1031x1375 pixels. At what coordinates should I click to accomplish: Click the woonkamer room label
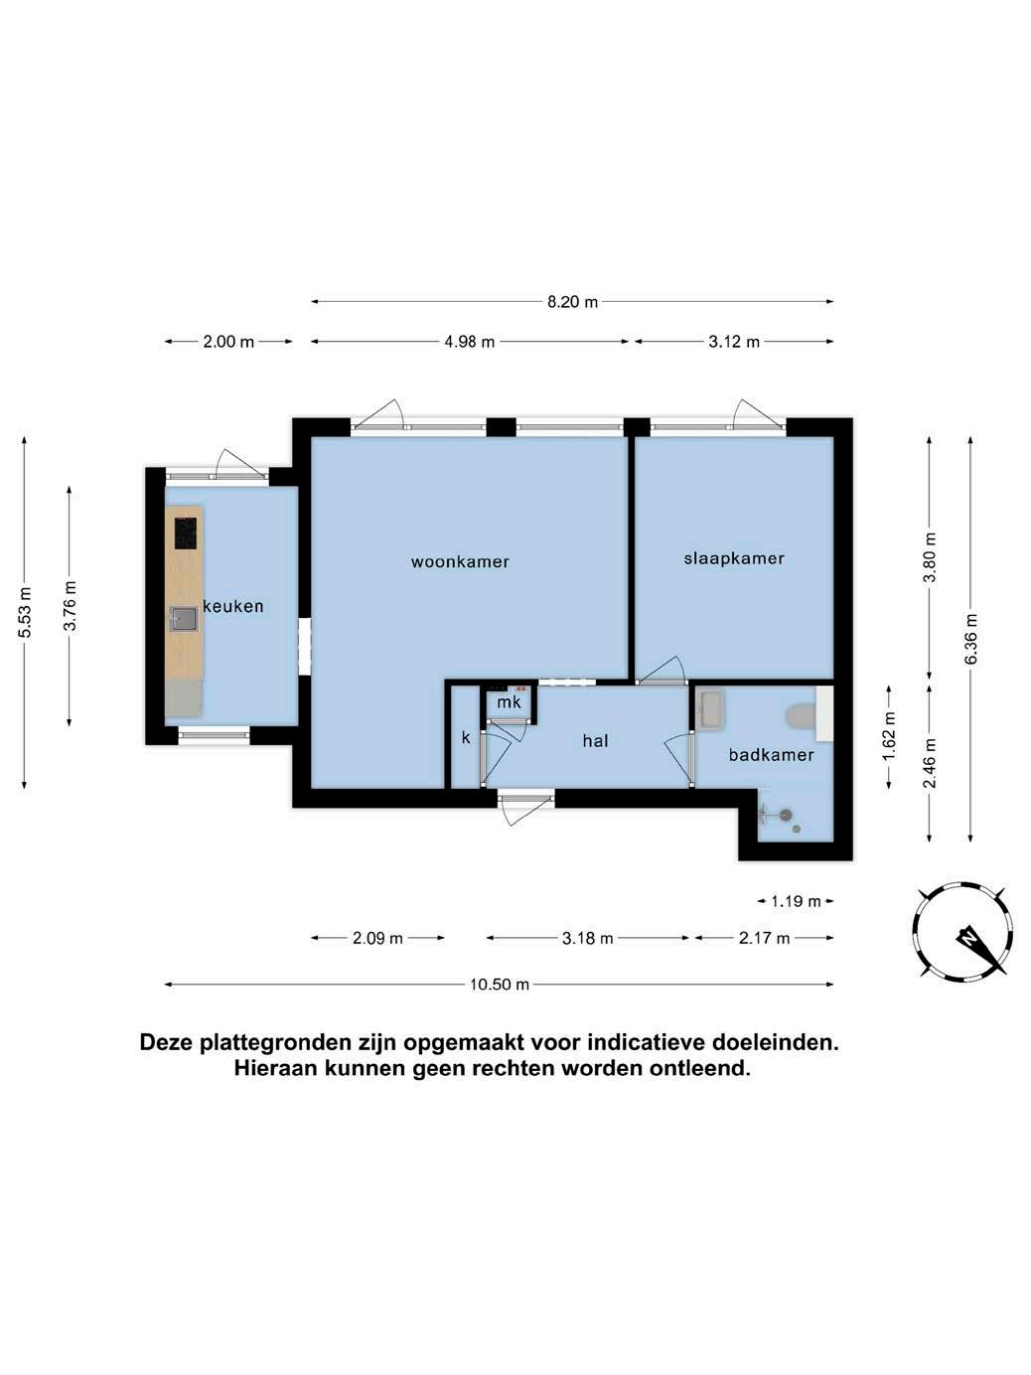tap(460, 561)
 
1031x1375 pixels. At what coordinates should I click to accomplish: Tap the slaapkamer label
tap(734, 558)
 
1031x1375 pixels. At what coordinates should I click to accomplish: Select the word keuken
tap(232, 606)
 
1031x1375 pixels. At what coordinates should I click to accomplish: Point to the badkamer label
tap(771, 755)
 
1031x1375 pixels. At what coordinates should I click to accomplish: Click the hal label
tap(595, 741)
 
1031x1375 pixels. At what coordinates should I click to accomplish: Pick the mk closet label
tap(509, 702)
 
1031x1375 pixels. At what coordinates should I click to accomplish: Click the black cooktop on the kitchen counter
tap(186, 534)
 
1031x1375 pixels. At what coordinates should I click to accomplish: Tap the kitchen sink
tap(183, 620)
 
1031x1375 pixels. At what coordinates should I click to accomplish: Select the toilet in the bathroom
tap(802, 717)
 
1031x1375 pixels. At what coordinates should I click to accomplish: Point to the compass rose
tap(962, 932)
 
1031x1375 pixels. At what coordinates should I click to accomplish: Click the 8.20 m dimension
tap(572, 302)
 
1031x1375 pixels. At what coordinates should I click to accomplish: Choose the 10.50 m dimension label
tap(499, 985)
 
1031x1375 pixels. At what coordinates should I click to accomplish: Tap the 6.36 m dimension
tap(970, 639)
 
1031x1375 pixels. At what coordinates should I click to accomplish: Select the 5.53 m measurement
tap(25, 613)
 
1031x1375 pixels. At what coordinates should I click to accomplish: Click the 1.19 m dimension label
tap(795, 901)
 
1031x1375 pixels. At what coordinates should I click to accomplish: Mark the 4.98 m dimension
tap(469, 342)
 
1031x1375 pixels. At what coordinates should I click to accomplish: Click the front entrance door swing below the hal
tap(524, 808)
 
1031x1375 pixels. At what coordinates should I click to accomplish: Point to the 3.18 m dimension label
tap(587, 939)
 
